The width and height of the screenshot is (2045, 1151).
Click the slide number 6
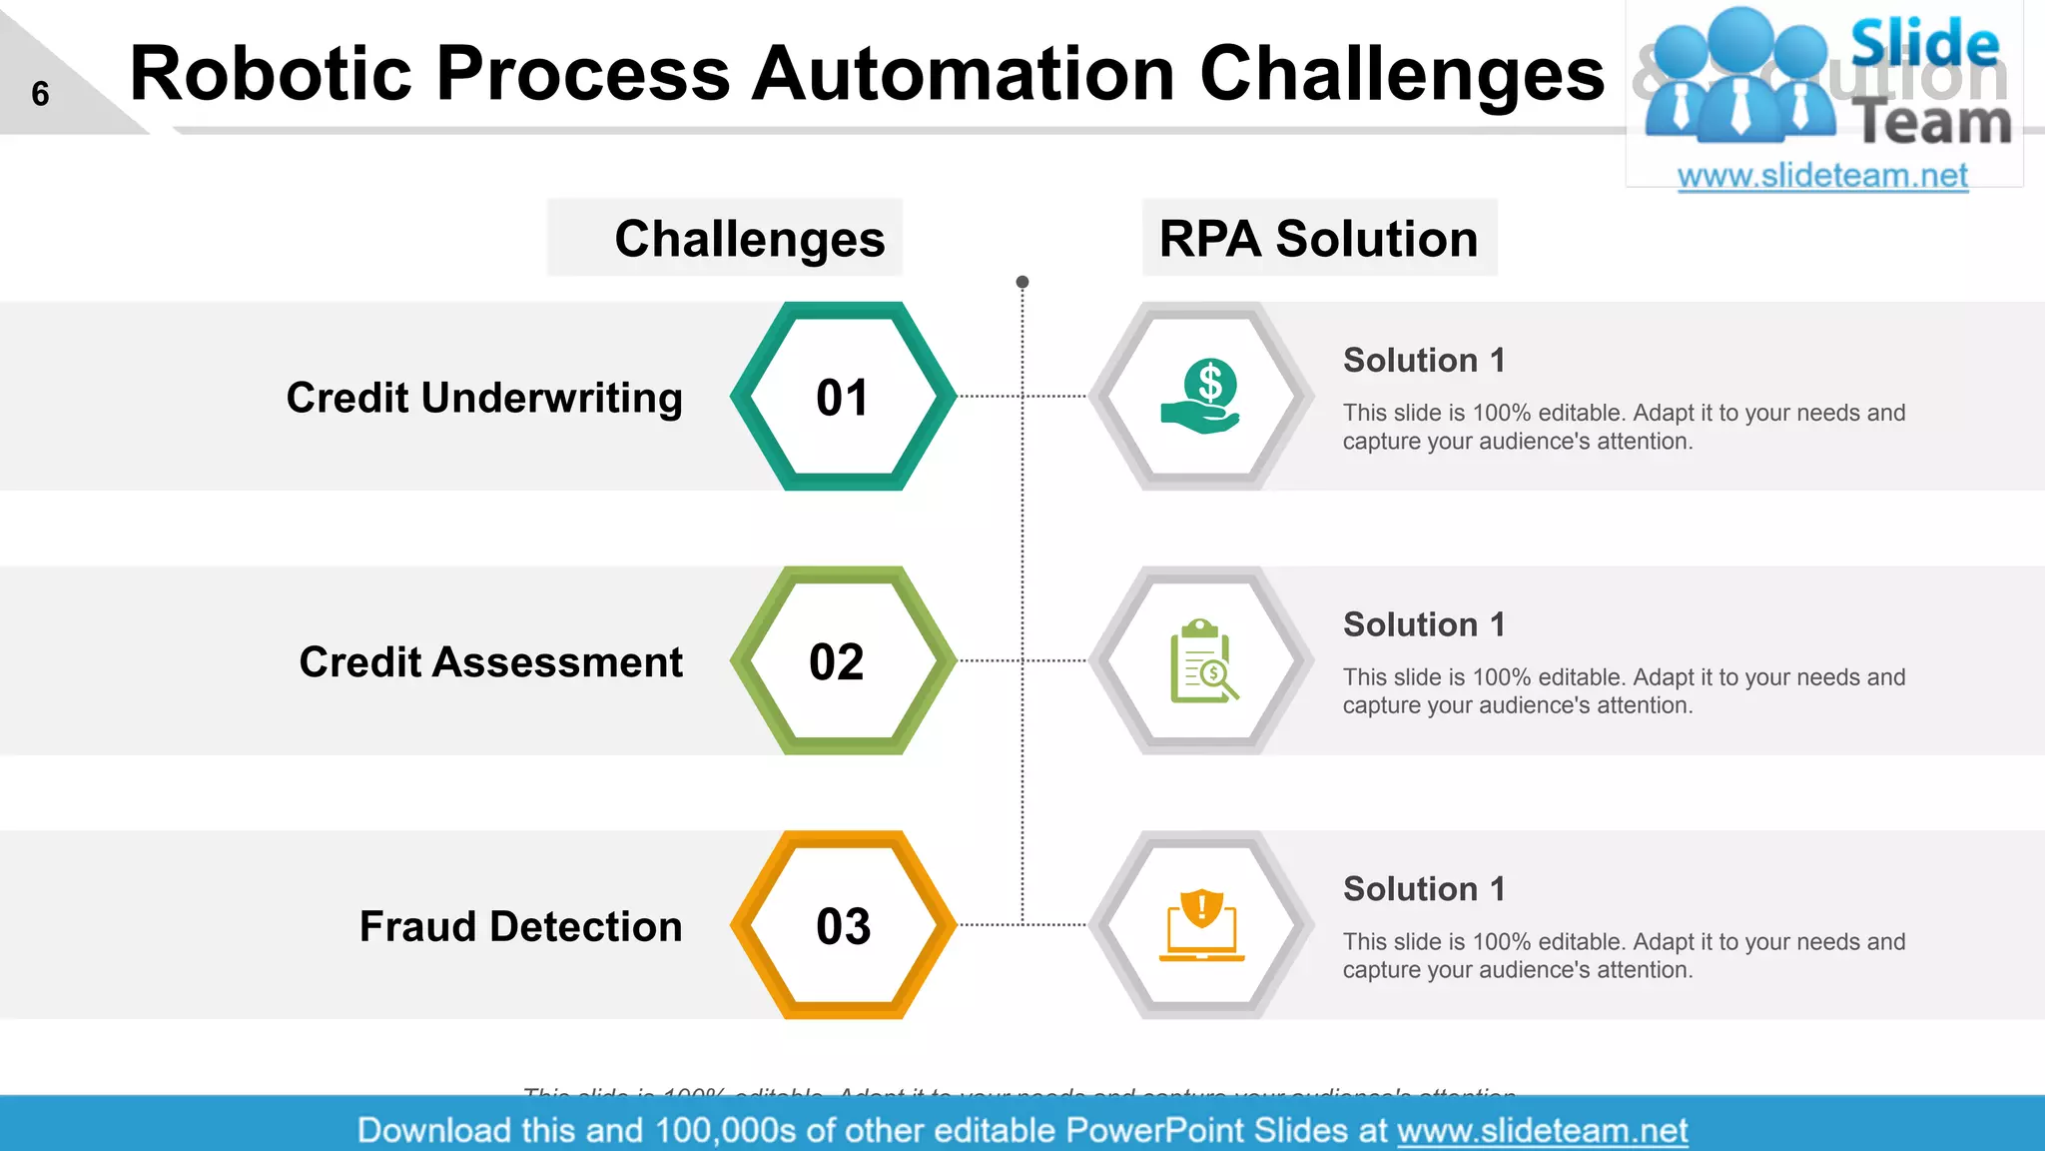pos(40,94)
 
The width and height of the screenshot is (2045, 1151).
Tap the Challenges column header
pos(749,239)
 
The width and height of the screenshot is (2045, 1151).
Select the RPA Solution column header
pos(1318,239)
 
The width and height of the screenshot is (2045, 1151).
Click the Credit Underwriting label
pos(484,398)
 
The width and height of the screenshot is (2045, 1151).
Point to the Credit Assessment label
pos(490,662)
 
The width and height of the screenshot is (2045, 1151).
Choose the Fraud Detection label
pos(520,926)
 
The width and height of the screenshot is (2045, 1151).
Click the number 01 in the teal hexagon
pos(843,398)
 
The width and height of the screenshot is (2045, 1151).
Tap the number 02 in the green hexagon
pos(837,662)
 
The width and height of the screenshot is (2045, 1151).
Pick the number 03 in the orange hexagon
pos(843,926)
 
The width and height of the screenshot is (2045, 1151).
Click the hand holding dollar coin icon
pos(1201,397)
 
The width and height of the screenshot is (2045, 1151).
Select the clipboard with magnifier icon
pos(1203,661)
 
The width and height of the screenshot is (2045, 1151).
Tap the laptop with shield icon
pos(1202,925)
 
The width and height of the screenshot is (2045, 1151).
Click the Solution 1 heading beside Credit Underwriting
pos(1424,360)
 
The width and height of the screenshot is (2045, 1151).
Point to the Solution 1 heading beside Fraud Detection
pos(1424,888)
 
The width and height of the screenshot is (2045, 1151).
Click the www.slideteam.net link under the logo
pos(1822,176)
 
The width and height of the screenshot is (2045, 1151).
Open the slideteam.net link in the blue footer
pos(1542,1130)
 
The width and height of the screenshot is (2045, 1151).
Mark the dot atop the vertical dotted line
pos(1022,282)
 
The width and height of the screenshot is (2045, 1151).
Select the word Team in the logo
pos(1931,124)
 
